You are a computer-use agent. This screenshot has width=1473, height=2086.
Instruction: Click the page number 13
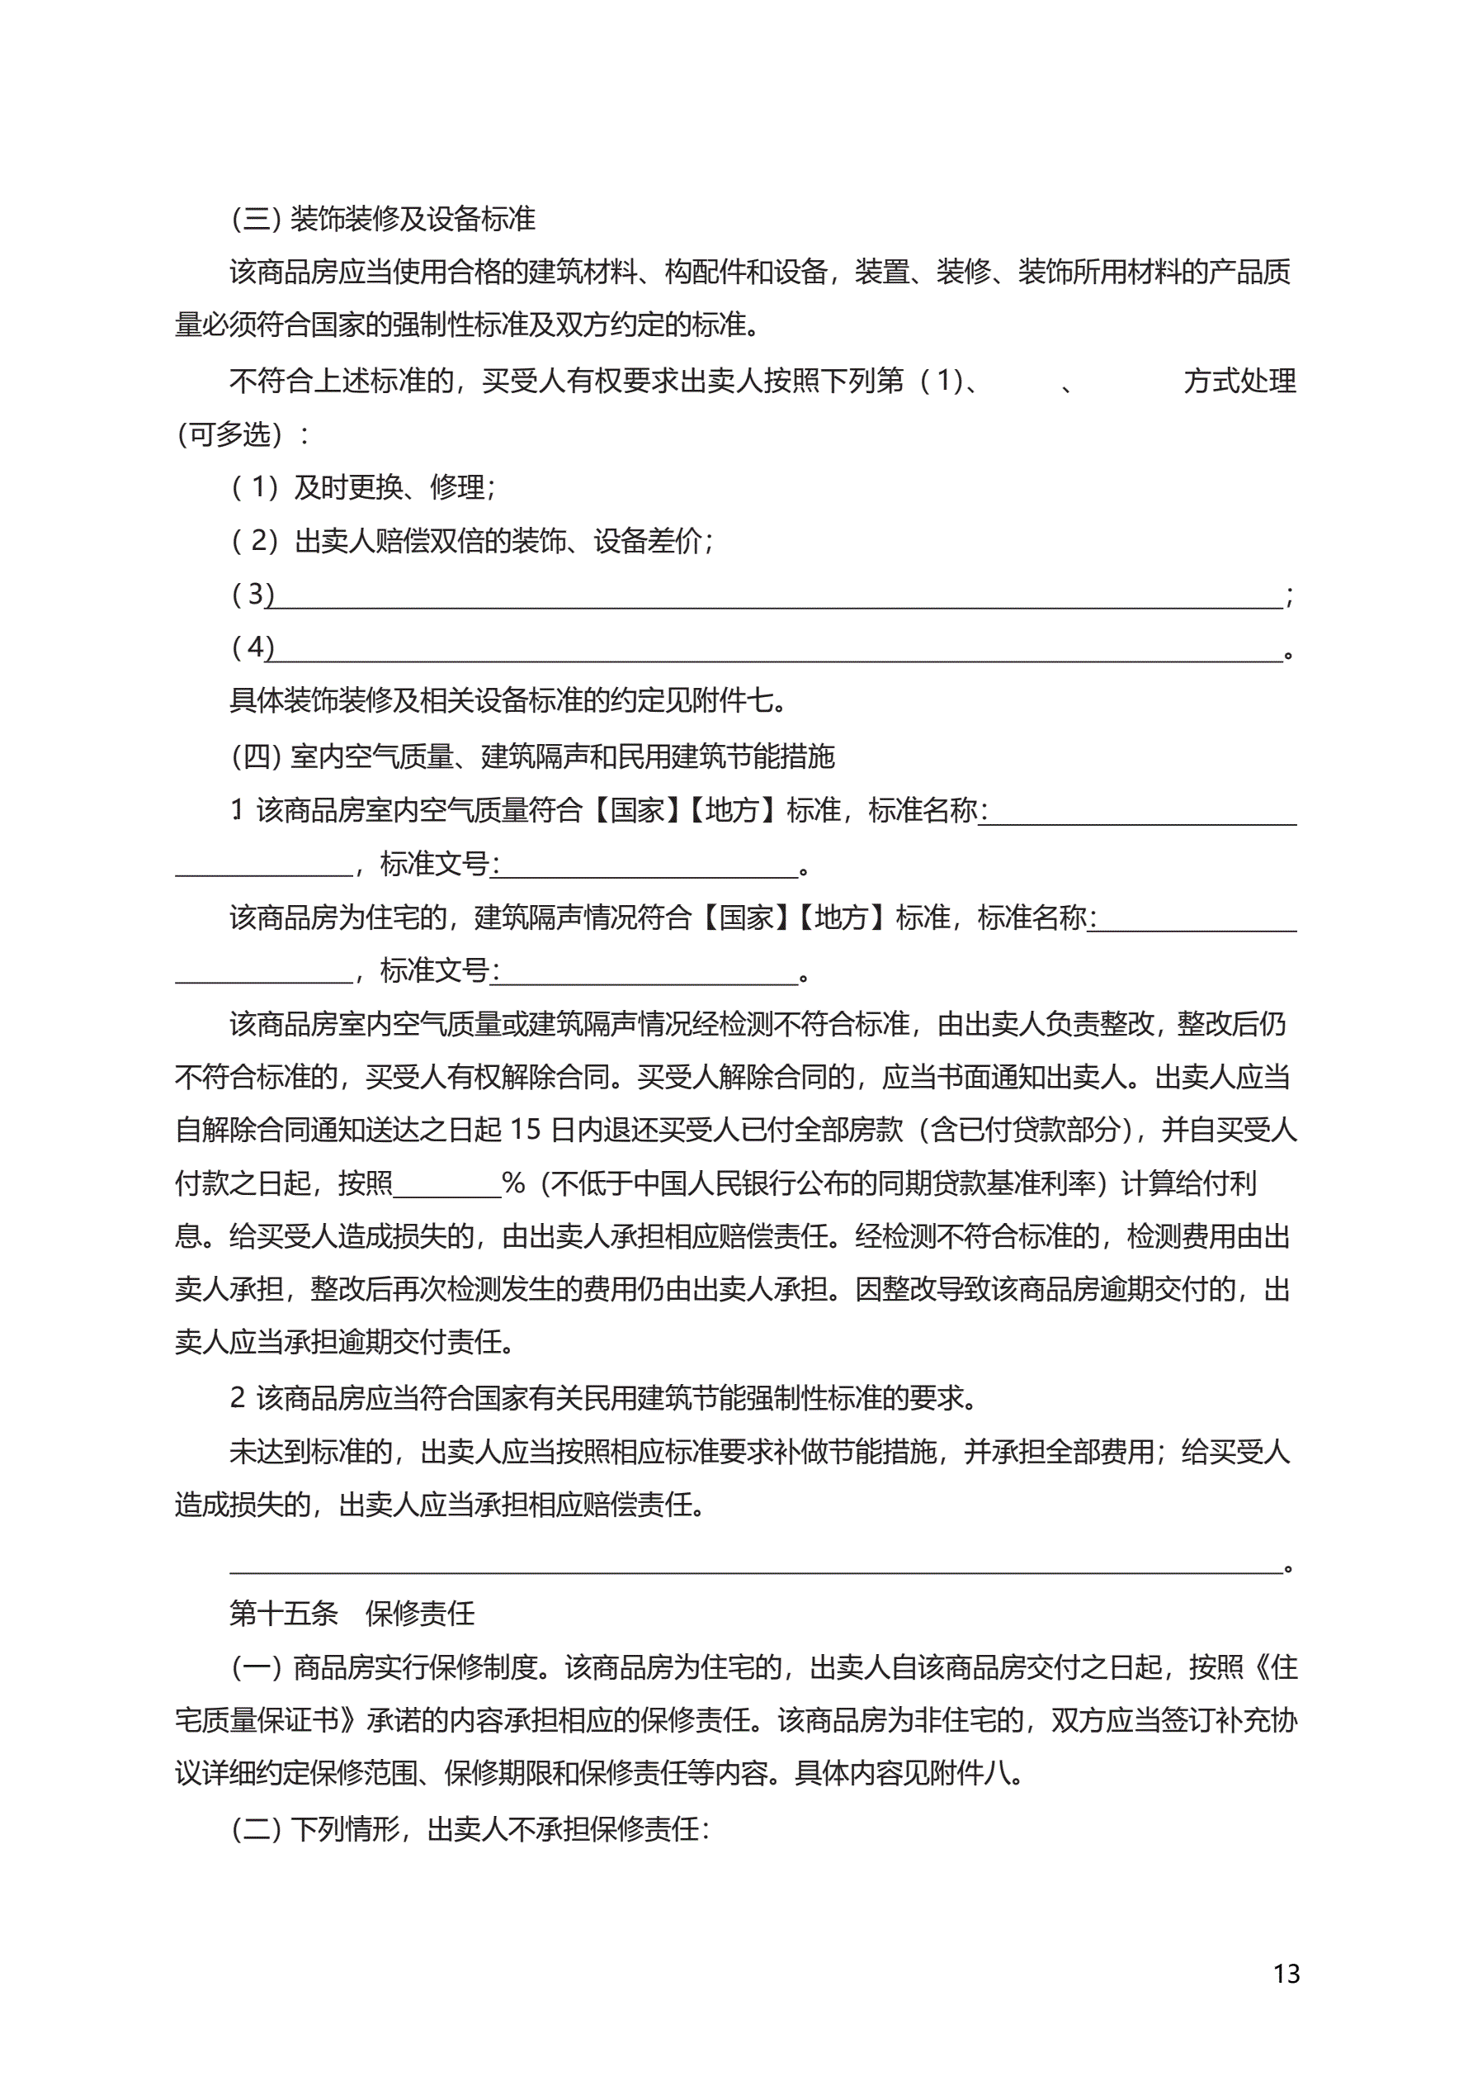pos(1286,1974)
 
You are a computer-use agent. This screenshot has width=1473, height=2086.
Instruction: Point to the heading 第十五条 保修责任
pos(352,1614)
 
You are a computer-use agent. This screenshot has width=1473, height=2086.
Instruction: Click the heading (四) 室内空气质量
pos(532,756)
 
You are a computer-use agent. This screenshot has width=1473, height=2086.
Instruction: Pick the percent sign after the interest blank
pos(513,1183)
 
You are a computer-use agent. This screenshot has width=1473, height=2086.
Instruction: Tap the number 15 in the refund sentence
pos(526,1130)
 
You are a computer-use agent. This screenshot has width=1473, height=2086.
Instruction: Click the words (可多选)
pos(231,434)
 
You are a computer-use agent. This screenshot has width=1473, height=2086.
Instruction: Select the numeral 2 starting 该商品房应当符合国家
pos(238,1398)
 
